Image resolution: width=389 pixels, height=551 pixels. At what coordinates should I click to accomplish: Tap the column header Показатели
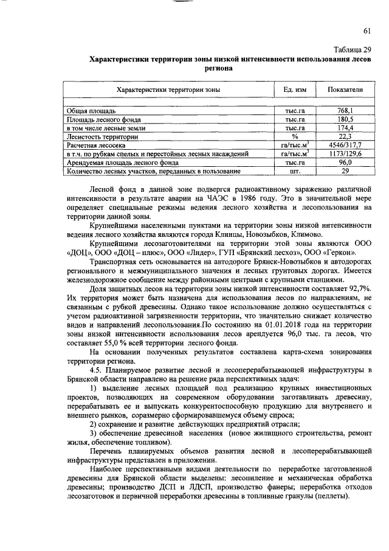(x=345, y=89)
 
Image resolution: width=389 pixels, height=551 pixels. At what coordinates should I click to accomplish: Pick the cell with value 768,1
(x=345, y=111)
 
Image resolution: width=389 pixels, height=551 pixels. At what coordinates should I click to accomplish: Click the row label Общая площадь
(x=91, y=111)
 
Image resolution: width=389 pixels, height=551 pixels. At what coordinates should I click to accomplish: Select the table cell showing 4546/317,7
(x=345, y=146)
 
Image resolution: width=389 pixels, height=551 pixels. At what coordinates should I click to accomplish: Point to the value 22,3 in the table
(x=345, y=138)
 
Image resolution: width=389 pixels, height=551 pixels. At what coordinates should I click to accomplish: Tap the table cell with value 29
(x=345, y=172)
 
